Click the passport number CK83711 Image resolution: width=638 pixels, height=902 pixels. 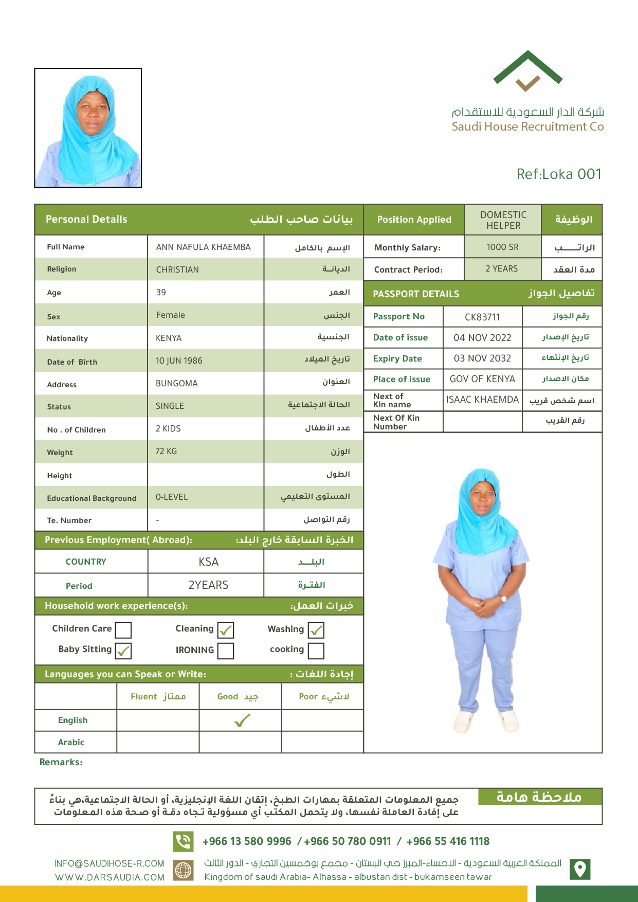pos(482,317)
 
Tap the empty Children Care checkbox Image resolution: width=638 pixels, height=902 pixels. pos(123,630)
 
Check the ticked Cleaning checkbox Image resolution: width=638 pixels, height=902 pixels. pos(226,630)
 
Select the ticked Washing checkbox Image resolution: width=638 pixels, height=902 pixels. pos(316,630)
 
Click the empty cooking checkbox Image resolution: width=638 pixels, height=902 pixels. pos(316,651)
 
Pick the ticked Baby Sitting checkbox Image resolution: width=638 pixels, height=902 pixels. pos(123,651)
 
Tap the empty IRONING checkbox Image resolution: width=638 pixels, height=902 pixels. pos(226,651)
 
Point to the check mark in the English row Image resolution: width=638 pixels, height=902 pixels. pos(242,720)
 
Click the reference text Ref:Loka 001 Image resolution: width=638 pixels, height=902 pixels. pos(559,174)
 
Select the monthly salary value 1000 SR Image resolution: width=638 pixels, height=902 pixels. pos(502,247)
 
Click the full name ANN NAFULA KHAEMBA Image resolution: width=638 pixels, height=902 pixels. pos(203,247)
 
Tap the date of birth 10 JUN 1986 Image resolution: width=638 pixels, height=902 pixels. pos(179,361)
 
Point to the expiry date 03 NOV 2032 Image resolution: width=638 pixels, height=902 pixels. pos(482,358)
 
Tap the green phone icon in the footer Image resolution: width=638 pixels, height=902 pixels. pos(183,841)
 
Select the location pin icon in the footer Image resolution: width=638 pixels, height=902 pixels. pos(580,869)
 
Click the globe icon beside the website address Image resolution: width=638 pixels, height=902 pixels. pos(183,870)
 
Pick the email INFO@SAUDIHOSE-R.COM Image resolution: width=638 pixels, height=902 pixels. pos(110,863)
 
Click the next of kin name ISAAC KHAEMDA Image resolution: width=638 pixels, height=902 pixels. pos(482,400)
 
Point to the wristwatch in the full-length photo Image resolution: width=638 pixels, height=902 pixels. pos(503,598)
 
